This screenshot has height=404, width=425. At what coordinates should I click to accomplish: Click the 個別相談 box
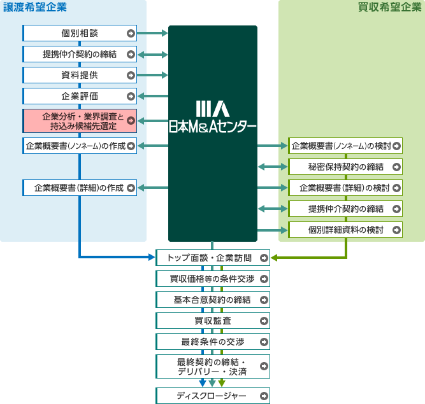pos(80,33)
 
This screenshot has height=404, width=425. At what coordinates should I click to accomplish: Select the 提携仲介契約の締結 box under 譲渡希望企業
pos(80,54)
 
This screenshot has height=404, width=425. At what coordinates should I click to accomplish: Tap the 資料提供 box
pos(80,75)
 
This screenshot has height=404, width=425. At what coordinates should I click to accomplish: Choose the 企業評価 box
pos(80,96)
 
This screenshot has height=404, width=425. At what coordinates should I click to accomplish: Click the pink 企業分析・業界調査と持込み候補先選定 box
pos(80,121)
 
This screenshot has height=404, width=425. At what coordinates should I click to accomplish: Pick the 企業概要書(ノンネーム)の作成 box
pos(80,146)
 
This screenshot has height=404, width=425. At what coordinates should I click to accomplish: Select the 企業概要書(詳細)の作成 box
pos(80,188)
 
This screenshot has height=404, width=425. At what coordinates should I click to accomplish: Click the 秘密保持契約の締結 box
pos(346,167)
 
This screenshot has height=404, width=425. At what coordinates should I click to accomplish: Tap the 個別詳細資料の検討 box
pos(346,229)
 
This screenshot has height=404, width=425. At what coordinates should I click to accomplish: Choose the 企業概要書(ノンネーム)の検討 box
pos(346,146)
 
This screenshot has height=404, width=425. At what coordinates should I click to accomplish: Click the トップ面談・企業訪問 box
pos(213,258)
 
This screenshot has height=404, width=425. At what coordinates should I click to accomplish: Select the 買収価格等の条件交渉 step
pos(213,279)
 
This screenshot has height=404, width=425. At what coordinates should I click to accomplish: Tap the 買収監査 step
pos(213,321)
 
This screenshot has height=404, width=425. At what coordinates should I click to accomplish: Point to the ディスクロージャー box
pos(213,396)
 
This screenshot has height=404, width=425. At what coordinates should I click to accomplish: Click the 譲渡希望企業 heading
pos(35,8)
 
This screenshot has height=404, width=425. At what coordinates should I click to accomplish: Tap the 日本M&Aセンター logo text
pos(212,126)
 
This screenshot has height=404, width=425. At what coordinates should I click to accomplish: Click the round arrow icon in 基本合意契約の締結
pos(264,300)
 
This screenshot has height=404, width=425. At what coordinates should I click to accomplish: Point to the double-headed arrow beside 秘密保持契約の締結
pos(273,167)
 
